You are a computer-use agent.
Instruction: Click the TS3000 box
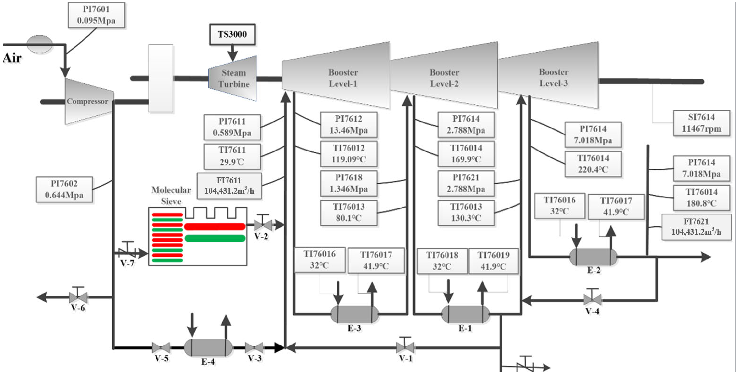click(x=232, y=34)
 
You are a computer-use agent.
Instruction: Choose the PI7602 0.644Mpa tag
click(x=64, y=190)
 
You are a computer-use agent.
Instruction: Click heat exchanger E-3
click(x=355, y=314)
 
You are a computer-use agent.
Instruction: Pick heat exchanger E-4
click(x=208, y=348)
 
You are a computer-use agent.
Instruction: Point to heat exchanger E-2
click(x=593, y=257)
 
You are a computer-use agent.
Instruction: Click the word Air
click(x=12, y=58)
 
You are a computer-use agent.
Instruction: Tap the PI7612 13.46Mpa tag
click(x=349, y=125)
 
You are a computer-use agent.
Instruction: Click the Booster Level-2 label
click(x=444, y=78)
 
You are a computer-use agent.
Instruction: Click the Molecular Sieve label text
click(x=171, y=195)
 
